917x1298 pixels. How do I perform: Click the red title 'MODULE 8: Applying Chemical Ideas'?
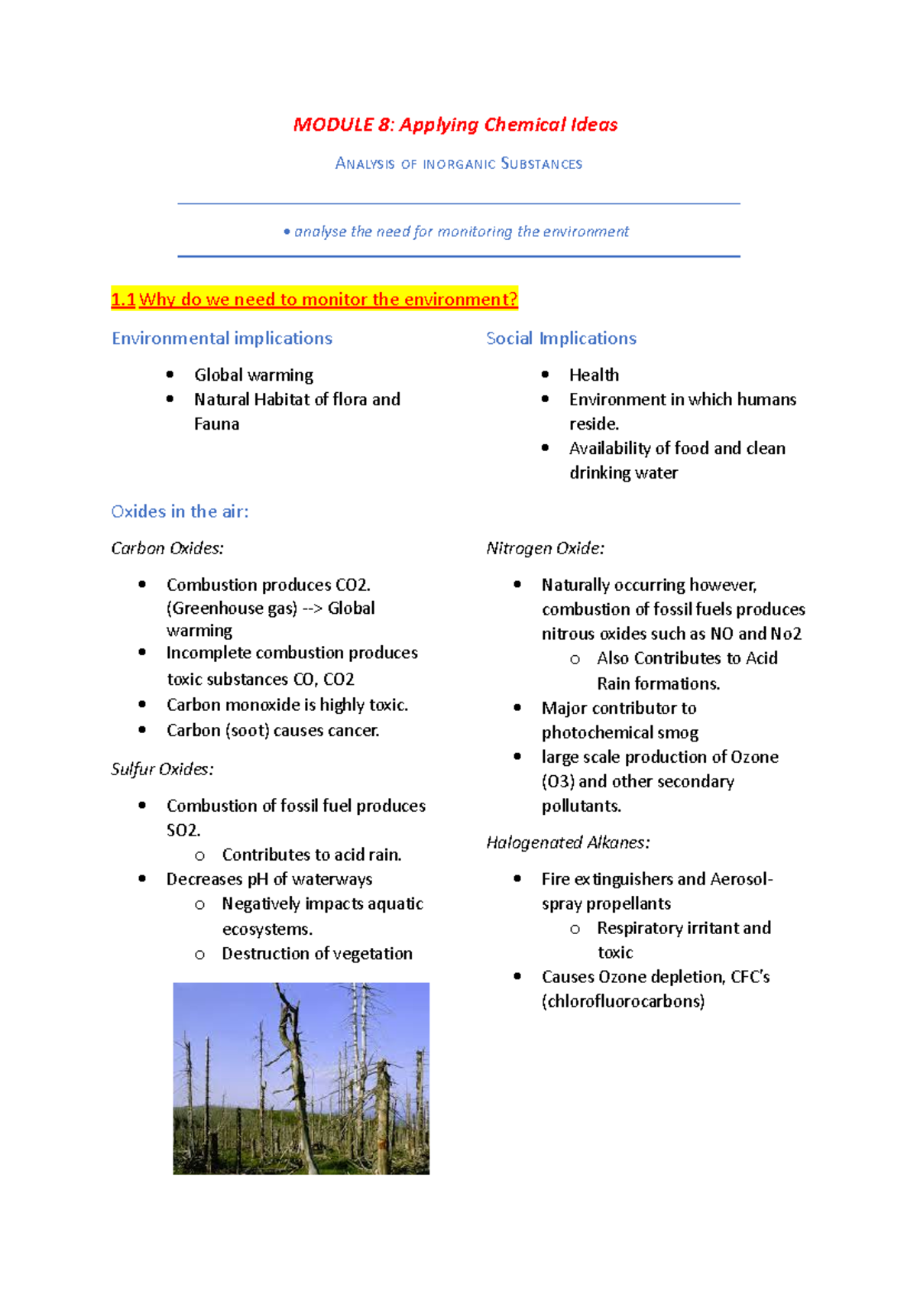(x=455, y=125)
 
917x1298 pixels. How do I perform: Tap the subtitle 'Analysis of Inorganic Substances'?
(x=458, y=164)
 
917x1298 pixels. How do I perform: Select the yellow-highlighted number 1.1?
(x=123, y=300)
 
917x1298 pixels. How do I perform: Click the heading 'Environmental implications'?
(x=222, y=338)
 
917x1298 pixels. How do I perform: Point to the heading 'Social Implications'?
(x=561, y=338)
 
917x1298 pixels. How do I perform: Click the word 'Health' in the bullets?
(x=594, y=375)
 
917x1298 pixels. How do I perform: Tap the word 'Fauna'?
(x=216, y=423)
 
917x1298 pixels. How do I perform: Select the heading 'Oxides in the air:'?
(x=180, y=511)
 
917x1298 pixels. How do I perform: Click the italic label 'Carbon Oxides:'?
(x=167, y=548)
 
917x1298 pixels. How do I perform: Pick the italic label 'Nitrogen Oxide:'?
(x=545, y=548)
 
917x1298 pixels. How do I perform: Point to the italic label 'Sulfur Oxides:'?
(x=162, y=769)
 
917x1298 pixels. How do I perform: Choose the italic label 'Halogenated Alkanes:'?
(x=568, y=842)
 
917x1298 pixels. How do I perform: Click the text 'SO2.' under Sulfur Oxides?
(x=183, y=830)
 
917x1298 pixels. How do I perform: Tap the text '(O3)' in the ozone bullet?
(x=558, y=781)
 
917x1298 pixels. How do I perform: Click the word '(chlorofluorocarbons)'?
(x=623, y=1001)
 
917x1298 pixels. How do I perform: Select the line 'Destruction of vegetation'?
(x=317, y=953)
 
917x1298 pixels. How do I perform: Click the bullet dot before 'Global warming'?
(x=170, y=375)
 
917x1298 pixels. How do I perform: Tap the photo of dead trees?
(x=301, y=1078)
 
